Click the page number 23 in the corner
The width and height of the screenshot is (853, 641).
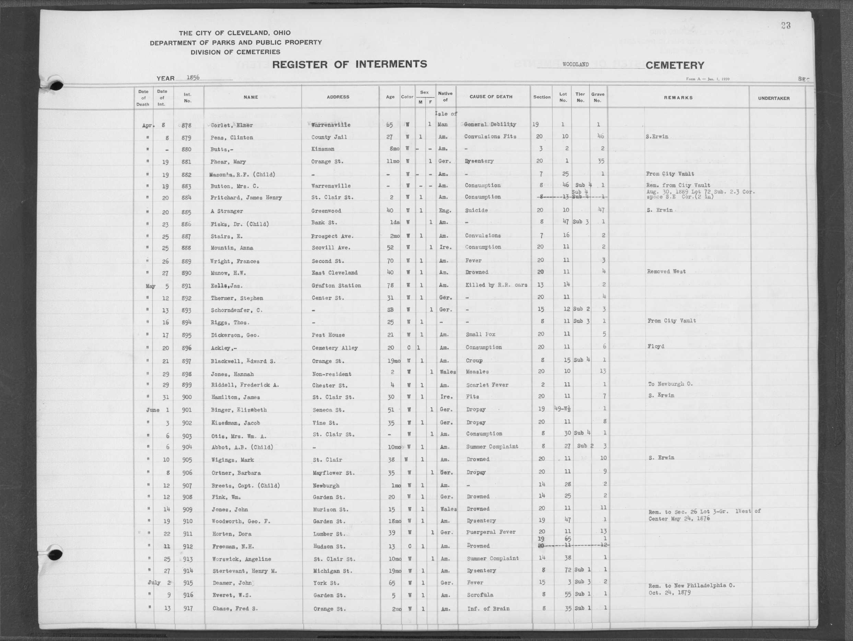click(x=785, y=25)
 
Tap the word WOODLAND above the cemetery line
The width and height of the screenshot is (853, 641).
click(x=575, y=64)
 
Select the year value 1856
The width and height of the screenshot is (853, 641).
click(x=193, y=77)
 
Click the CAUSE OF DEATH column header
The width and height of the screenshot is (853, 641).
click(x=491, y=97)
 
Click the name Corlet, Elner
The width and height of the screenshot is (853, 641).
click(x=232, y=125)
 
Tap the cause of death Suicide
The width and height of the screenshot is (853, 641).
click(x=476, y=210)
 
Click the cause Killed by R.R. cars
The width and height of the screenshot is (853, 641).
click(x=496, y=285)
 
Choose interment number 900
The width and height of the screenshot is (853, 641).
click(x=187, y=397)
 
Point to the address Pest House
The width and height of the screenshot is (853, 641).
click(x=328, y=335)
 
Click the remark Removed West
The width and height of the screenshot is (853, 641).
click(x=666, y=271)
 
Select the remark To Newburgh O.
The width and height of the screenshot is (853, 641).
click(x=670, y=384)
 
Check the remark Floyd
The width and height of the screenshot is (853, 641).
click(x=656, y=346)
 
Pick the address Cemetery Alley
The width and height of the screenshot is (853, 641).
click(x=335, y=348)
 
